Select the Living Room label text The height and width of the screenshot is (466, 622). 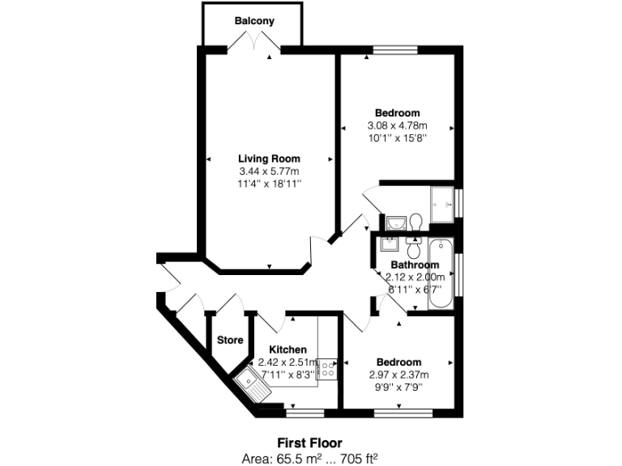click(x=269, y=159)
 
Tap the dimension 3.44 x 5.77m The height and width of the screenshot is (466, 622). click(x=269, y=172)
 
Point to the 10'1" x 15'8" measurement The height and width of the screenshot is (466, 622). click(x=397, y=138)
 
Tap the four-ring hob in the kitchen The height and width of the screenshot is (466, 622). click(x=327, y=370)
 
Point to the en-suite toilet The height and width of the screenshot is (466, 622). click(x=415, y=221)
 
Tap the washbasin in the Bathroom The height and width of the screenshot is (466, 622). click(x=390, y=245)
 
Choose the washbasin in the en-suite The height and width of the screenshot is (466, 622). click(x=395, y=222)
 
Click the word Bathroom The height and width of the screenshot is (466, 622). click(x=415, y=265)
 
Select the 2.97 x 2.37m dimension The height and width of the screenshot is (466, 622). click(x=397, y=374)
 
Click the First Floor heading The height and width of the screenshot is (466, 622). click(x=310, y=443)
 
